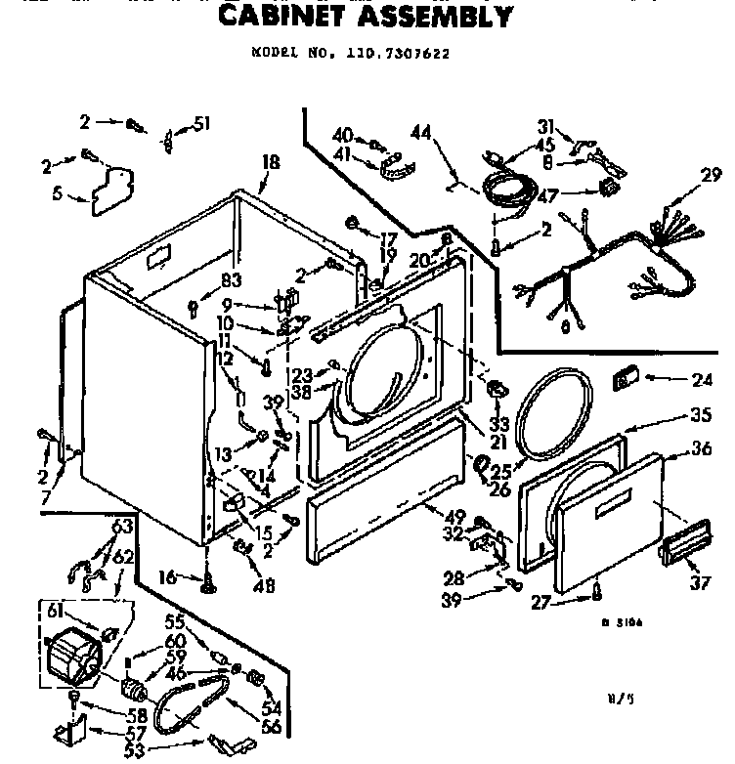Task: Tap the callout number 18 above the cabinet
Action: [x=271, y=163]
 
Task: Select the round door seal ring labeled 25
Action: [x=552, y=415]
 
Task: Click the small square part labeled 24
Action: [x=624, y=377]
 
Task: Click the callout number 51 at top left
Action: [x=202, y=123]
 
